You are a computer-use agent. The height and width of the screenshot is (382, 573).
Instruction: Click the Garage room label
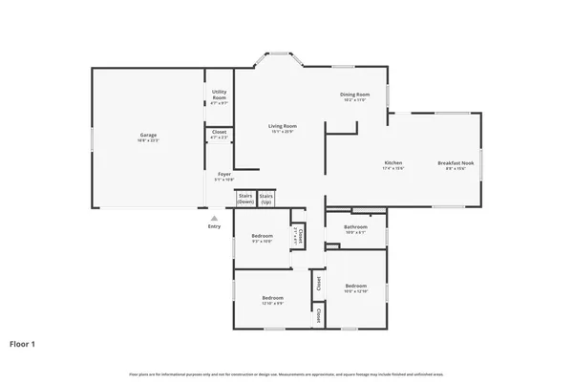[x=148, y=136]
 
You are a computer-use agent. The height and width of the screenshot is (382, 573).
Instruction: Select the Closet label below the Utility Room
[x=220, y=132]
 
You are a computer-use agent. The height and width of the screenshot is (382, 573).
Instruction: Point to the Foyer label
[x=224, y=174]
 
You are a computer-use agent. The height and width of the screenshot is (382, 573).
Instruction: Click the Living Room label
[x=282, y=126]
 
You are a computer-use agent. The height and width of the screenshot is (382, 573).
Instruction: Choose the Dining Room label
[x=355, y=94]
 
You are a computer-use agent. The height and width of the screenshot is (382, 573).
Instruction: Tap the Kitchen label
[x=393, y=162]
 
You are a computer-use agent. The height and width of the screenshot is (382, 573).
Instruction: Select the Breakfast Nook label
[x=452, y=162]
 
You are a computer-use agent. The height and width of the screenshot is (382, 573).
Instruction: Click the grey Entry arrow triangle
[x=214, y=218]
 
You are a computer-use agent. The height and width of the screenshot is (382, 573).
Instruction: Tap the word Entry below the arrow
[x=214, y=226]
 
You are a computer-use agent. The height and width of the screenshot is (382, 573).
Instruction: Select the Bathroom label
[x=355, y=226]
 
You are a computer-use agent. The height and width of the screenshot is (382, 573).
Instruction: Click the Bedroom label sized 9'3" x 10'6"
[x=262, y=235]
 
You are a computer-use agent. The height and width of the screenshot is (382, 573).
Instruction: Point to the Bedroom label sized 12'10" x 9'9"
[x=272, y=297]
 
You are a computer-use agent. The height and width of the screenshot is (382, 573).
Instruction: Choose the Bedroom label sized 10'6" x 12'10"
[x=355, y=286]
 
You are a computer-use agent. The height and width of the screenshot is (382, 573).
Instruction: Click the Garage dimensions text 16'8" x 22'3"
[x=148, y=140]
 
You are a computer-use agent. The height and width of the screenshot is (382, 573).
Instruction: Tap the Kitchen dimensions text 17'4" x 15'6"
[x=393, y=168]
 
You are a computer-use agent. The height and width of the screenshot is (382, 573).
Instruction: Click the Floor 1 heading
[x=23, y=343]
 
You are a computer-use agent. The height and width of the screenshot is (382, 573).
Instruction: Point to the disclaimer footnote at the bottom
[x=286, y=372]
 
